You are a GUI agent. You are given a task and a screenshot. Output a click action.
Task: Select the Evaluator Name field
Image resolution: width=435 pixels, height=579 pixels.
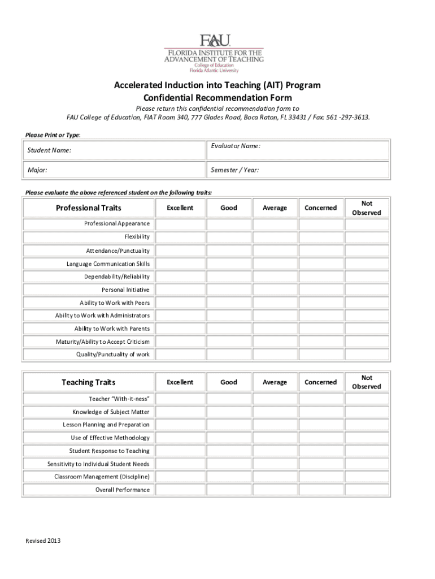[298, 150]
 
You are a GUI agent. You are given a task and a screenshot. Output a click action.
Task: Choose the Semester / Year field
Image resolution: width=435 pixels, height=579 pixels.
[298, 170]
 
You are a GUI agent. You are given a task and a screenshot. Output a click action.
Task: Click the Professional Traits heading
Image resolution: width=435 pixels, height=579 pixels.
[88, 208]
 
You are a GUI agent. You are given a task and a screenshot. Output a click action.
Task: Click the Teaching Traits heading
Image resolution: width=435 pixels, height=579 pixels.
[88, 382]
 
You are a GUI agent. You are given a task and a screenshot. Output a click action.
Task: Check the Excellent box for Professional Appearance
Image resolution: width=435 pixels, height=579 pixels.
[180, 224]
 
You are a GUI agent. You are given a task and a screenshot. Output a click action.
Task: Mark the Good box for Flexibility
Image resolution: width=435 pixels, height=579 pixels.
[228, 237]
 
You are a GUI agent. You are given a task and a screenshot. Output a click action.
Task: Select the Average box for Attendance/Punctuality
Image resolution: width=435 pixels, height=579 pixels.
[275, 250]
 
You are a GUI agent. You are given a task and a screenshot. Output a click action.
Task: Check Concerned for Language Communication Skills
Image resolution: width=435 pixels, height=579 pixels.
[320, 263]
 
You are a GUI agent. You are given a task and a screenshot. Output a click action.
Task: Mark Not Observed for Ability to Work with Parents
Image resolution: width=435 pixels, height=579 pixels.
[367, 329]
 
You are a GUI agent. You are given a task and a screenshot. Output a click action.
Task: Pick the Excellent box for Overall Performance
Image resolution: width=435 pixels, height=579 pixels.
[180, 490]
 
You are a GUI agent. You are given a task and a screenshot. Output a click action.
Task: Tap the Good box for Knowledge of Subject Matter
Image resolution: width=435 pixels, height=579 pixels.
[228, 412]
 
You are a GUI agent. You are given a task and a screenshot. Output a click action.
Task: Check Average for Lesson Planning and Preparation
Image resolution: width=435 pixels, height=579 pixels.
[275, 425]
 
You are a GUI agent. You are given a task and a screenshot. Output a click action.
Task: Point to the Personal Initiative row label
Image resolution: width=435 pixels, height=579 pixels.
[125, 289]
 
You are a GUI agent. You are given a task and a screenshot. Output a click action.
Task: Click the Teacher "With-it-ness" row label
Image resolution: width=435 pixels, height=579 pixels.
[119, 399]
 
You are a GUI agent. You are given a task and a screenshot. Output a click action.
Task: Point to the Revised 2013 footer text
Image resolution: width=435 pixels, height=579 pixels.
[43, 541]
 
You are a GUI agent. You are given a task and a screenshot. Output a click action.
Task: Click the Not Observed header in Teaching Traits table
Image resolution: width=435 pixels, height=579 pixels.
[367, 382]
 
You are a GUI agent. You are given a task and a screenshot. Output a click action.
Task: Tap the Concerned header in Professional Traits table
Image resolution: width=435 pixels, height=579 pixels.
[320, 208]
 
